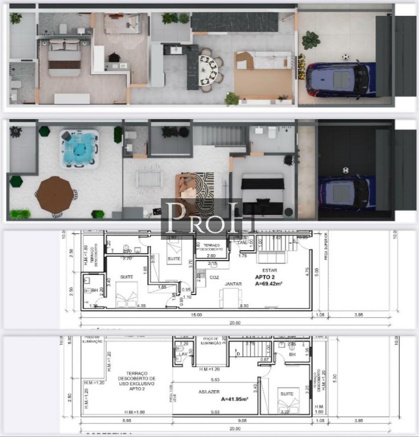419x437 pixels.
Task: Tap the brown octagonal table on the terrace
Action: [x=56, y=194]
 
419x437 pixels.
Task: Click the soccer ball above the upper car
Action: [x=345, y=56]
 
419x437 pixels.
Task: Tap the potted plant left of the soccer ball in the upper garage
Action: [x=311, y=39]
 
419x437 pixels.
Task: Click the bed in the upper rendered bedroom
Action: [x=65, y=58]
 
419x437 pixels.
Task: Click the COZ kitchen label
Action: [x=214, y=277]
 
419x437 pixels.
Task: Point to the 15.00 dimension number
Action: [x=196, y=315]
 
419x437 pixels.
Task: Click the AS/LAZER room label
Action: [x=209, y=392]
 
